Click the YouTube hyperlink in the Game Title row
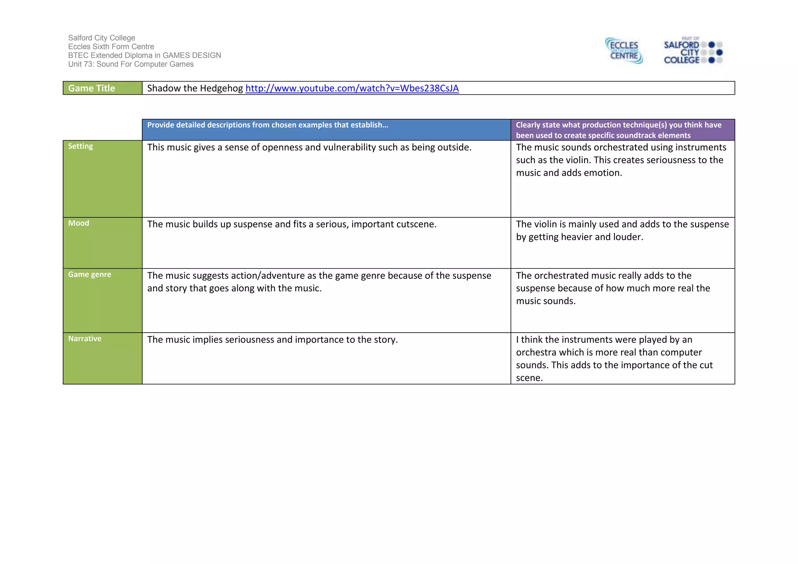[x=352, y=88]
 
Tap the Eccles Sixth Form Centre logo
[x=624, y=51]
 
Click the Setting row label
[x=81, y=146]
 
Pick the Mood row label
[x=79, y=223]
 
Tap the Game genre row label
[x=90, y=275]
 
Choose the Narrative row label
[x=85, y=339]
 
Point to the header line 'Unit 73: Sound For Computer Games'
[x=131, y=64]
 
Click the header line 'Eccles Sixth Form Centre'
[x=111, y=47]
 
